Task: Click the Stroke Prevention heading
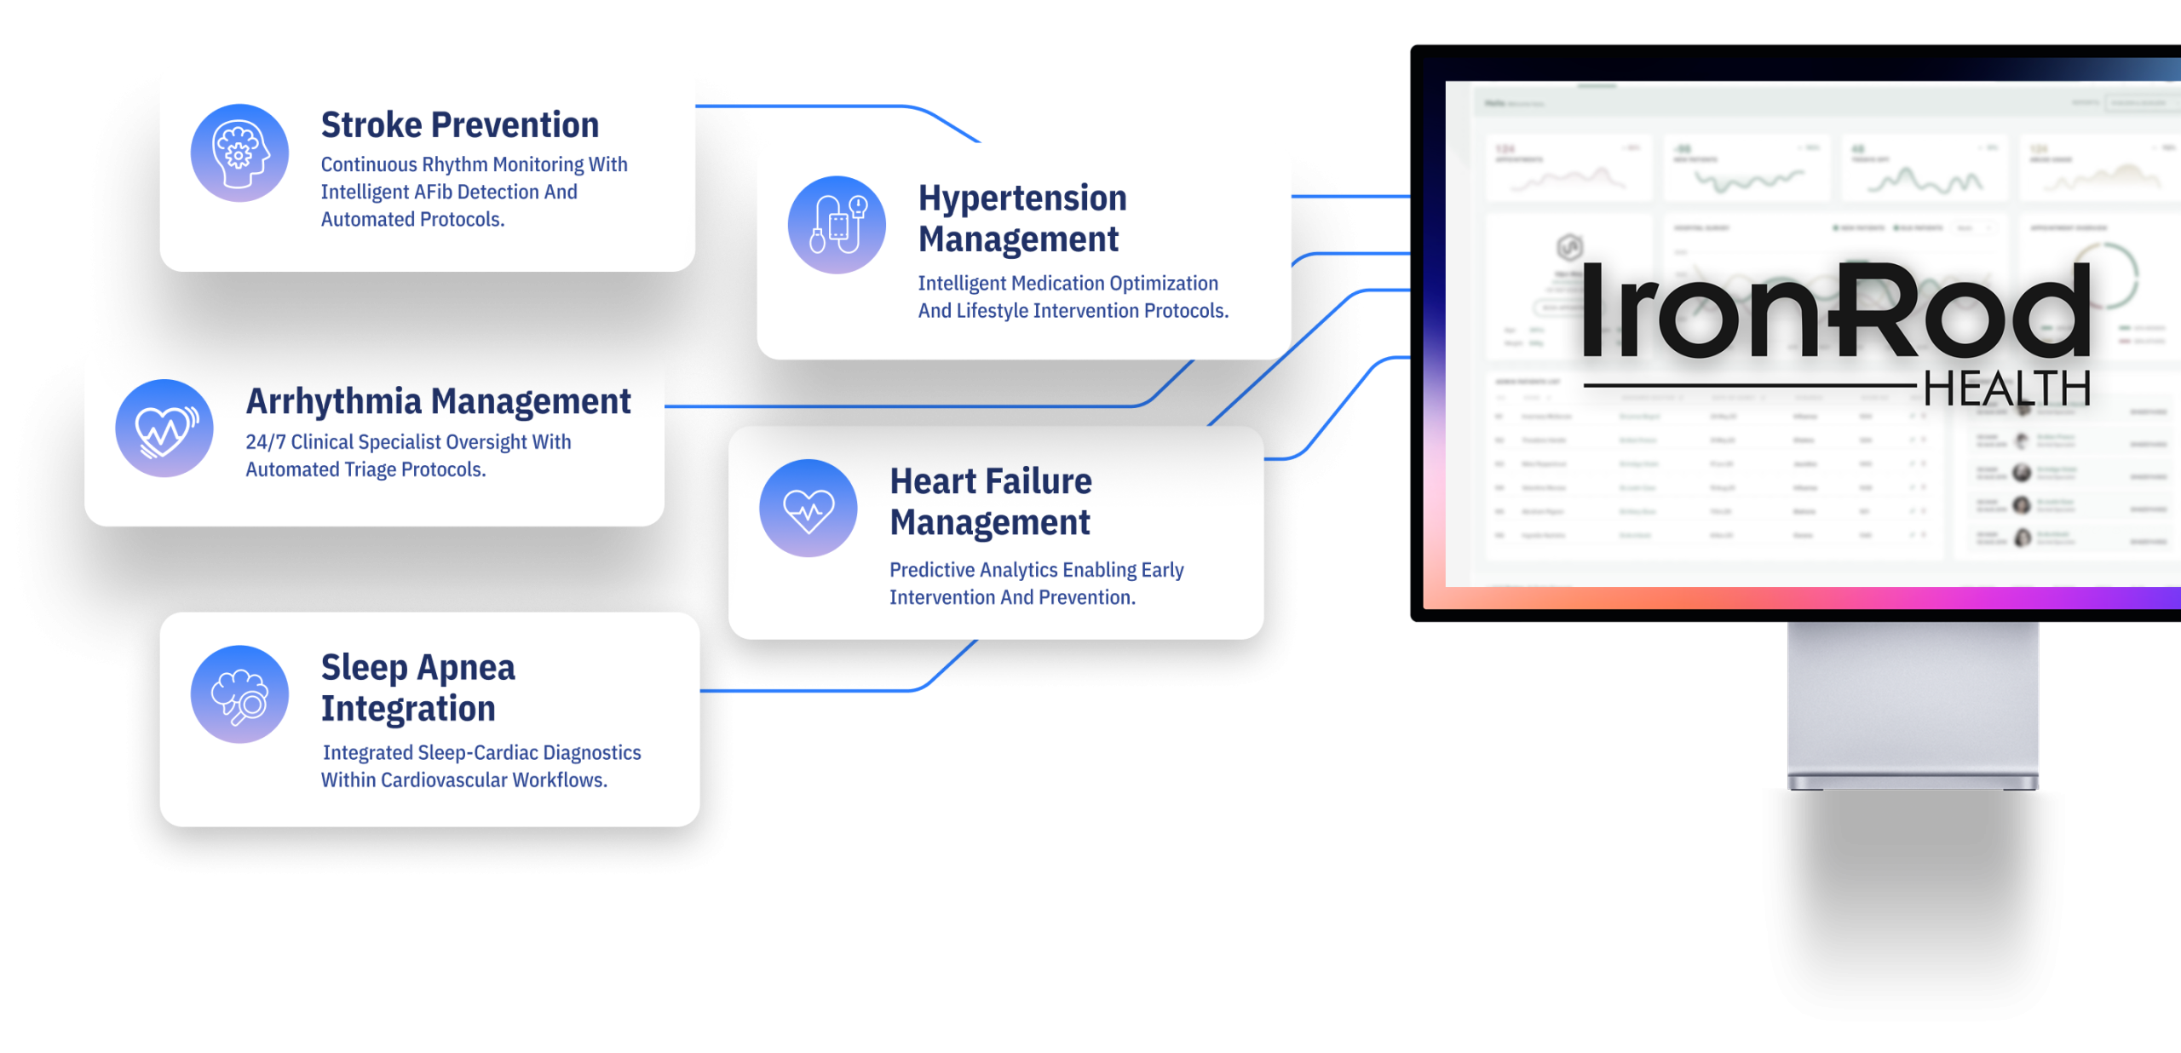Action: [460, 125]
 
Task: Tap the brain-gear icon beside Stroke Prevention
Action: [239, 153]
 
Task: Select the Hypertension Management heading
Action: [1022, 218]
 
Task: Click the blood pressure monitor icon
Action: [837, 225]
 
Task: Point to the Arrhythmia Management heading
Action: [439, 401]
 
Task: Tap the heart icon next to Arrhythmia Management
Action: [164, 428]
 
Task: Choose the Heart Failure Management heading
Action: [991, 502]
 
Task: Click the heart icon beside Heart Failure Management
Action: [809, 509]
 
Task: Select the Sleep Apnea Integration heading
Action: [418, 688]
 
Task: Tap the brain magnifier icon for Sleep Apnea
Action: [239, 694]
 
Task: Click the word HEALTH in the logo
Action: [2006, 389]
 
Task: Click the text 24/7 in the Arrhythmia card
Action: [266, 442]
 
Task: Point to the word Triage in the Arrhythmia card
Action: [371, 470]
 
